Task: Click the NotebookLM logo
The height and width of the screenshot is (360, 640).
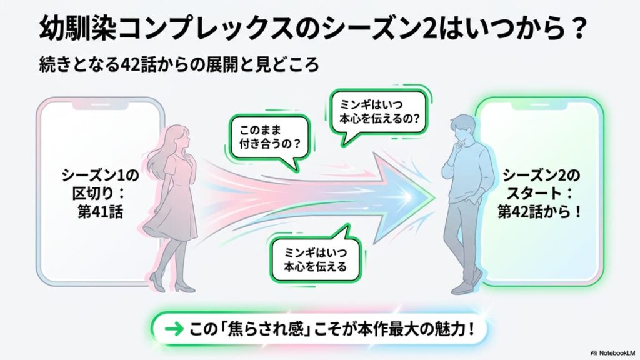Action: [612, 352]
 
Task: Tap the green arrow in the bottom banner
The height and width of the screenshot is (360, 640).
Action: [174, 329]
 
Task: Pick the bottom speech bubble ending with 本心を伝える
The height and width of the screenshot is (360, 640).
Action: [316, 257]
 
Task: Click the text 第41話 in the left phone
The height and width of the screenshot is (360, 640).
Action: [101, 212]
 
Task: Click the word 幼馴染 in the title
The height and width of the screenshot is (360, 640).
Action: [78, 29]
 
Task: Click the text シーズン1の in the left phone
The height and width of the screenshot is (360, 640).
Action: [101, 175]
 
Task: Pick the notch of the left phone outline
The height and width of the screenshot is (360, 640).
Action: [101, 105]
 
